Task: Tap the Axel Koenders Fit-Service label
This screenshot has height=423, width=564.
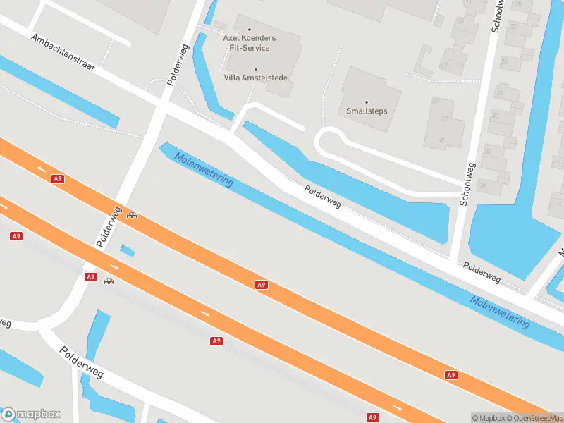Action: (250, 42)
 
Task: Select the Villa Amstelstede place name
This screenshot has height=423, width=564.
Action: (255, 78)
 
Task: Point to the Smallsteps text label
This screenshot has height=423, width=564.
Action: (367, 111)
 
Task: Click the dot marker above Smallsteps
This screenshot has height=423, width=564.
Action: (367, 102)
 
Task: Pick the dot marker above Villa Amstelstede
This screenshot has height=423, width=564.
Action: (256, 68)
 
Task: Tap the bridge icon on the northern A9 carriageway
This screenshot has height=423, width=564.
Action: (132, 215)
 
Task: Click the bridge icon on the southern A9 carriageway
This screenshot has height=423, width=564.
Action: (109, 281)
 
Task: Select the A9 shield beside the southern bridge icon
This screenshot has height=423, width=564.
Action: (90, 277)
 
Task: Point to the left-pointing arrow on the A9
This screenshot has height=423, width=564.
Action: (41, 169)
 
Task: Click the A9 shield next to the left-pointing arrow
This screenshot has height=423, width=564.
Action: (58, 179)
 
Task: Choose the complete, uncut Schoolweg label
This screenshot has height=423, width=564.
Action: (467, 184)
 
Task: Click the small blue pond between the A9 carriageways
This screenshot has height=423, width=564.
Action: (127, 250)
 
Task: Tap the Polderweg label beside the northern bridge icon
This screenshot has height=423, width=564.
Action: (110, 227)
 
